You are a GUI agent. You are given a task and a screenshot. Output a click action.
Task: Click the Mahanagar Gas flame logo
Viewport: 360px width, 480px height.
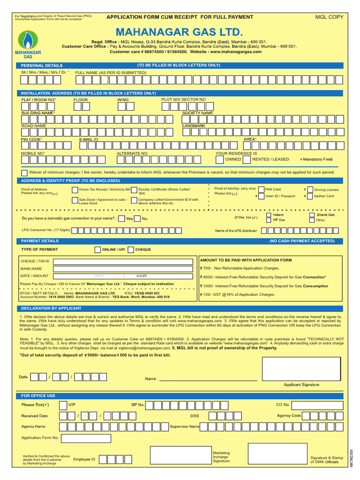29,40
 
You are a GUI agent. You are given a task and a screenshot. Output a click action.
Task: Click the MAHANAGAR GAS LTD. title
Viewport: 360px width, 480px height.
180,32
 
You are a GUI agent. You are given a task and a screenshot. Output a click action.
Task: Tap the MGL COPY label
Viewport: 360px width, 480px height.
329,17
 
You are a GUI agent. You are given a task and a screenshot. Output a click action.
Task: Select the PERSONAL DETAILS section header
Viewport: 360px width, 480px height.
42,65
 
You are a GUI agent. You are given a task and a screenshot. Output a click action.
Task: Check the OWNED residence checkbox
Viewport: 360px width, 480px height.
219,159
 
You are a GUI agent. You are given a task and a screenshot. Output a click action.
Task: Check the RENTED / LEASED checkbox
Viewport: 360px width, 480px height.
247,159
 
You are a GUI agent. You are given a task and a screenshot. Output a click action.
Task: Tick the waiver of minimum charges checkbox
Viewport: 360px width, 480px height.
24,172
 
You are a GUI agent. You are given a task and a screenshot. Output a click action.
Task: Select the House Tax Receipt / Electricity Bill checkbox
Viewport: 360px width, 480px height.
75,189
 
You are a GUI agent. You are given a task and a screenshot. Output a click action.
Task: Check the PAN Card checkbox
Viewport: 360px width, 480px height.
261,189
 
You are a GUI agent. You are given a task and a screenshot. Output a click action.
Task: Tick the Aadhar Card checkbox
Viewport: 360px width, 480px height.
309,196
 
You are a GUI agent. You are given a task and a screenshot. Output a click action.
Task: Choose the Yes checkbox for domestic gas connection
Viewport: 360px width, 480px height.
122,218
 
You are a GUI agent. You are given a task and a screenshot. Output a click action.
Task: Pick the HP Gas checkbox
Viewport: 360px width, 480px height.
268,220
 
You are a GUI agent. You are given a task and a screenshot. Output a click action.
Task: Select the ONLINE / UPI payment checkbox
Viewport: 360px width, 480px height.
97,250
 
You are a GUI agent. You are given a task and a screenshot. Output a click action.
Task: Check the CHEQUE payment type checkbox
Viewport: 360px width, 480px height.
131,250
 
